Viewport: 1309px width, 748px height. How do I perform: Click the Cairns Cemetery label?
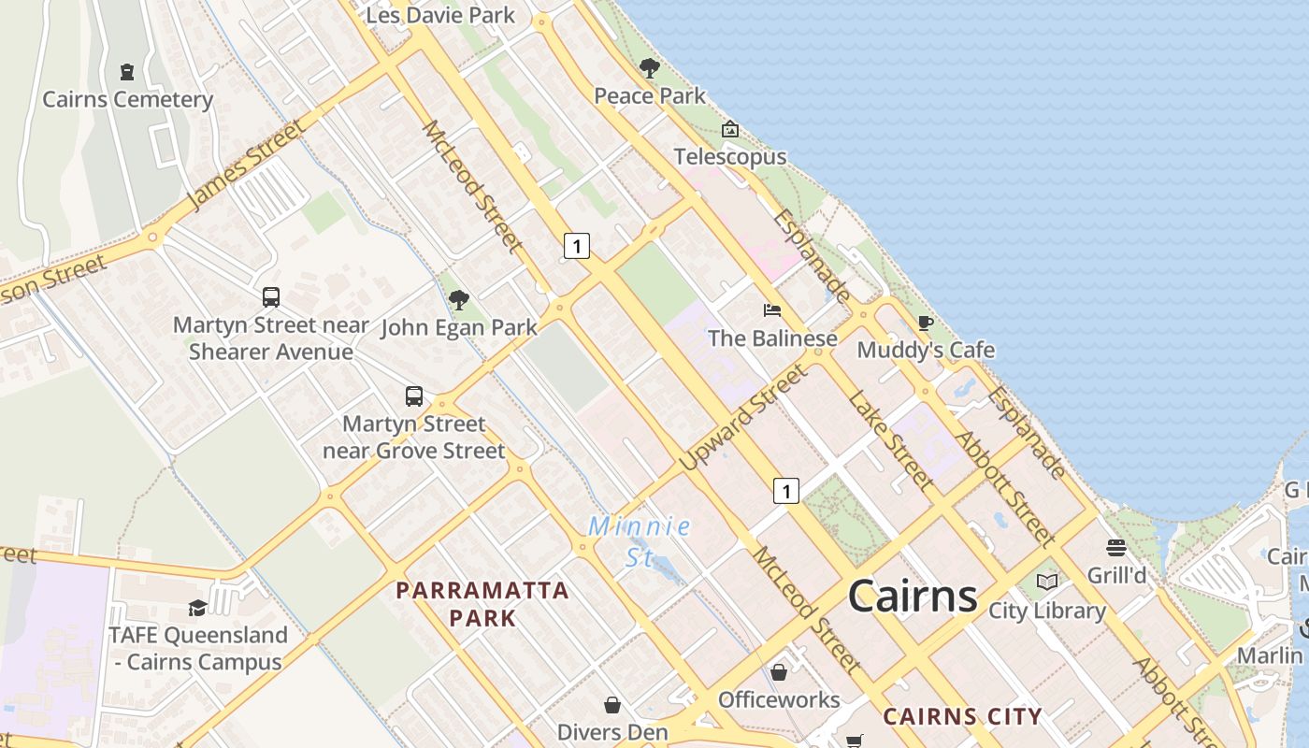128,99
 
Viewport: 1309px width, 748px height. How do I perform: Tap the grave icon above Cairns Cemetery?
127,71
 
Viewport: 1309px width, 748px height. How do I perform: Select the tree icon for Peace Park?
649,68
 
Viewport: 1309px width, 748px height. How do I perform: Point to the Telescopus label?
730,156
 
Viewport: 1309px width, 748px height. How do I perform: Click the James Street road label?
245,165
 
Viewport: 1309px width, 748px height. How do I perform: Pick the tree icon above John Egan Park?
458,300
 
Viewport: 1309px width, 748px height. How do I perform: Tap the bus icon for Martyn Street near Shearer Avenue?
271,297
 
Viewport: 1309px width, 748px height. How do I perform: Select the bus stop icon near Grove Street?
414,396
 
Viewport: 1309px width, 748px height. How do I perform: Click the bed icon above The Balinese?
772,310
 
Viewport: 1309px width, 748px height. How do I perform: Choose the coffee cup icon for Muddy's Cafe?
926,324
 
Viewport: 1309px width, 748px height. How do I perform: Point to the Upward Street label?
742,418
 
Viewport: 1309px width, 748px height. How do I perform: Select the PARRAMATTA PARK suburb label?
482,603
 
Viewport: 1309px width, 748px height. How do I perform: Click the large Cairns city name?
913,596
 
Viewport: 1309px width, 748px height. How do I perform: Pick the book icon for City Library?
1047,583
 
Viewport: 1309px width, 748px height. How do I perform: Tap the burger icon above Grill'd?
1116,547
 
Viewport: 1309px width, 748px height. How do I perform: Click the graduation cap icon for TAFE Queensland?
197,608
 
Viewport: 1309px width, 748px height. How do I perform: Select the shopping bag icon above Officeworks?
779,672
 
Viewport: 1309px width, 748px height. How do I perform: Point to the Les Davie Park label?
440,15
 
